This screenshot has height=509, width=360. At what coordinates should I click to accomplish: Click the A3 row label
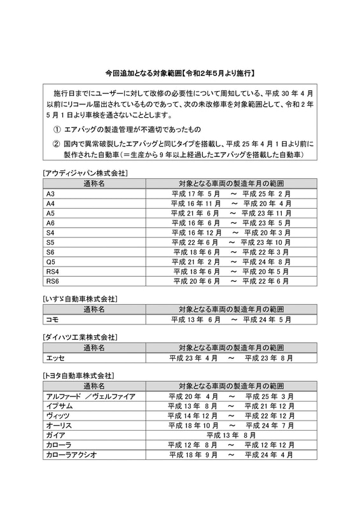(x=51, y=193)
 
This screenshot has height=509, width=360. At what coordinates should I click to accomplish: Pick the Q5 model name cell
(x=51, y=261)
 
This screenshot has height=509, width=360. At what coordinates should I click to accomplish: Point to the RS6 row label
(x=53, y=281)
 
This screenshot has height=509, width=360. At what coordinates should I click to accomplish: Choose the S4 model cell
(x=51, y=232)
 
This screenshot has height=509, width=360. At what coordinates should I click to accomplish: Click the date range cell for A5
(x=231, y=213)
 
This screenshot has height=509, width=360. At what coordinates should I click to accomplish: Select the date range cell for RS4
(x=231, y=271)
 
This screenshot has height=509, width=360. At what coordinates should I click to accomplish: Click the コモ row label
(x=52, y=319)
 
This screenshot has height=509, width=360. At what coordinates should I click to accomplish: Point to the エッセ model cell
(x=54, y=358)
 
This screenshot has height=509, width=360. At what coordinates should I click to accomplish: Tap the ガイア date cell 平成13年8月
(x=231, y=435)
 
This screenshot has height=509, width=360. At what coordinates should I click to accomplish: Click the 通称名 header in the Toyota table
(x=93, y=386)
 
